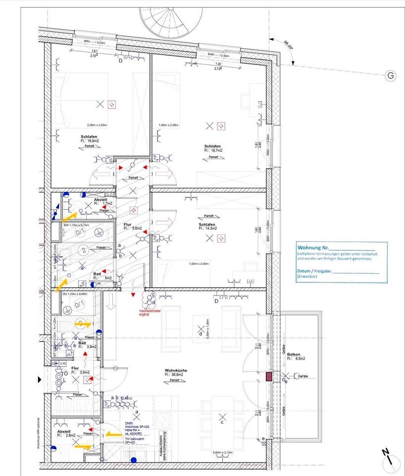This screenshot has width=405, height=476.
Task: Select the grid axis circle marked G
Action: point(391,75)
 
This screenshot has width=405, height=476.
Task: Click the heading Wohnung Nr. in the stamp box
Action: point(313,247)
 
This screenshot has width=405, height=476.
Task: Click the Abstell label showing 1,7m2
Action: point(101,200)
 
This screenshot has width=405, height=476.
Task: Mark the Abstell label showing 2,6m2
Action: point(64,431)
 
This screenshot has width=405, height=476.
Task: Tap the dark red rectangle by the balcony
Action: point(270,377)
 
